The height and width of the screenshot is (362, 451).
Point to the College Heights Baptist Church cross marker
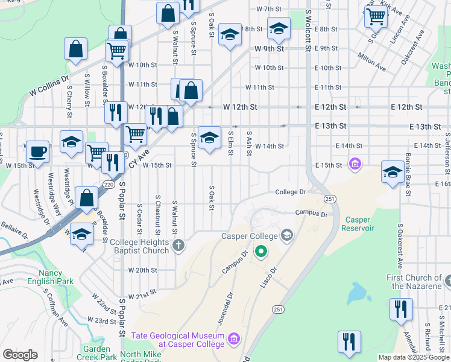point(178,245)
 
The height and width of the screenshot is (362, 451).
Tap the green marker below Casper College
point(261,250)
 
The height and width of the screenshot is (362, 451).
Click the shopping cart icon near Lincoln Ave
point(376,17)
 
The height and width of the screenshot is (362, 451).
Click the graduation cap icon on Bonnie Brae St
point(393,172)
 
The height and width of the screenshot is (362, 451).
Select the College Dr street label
point(291,192)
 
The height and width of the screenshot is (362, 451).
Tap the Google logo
point(20,355)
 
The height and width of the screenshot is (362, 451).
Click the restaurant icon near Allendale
point(401,310)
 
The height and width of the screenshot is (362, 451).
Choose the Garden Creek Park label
point(97,353)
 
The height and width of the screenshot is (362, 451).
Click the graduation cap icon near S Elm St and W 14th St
point(210,138)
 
